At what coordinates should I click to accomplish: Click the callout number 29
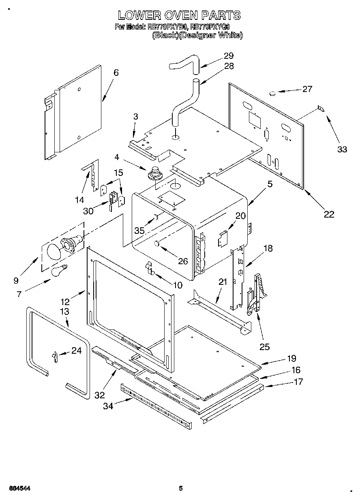point(229,56)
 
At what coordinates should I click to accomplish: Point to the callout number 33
point(342,149)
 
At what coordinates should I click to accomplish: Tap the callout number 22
point(328,214)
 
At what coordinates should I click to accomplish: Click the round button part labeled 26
point(157,243)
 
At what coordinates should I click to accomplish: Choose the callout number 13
point(64,311)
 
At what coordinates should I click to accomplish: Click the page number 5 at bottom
point(181,488)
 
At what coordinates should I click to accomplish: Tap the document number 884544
point(19,488)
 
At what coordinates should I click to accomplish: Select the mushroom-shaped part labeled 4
point(154,173)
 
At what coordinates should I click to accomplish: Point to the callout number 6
point(116,73)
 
